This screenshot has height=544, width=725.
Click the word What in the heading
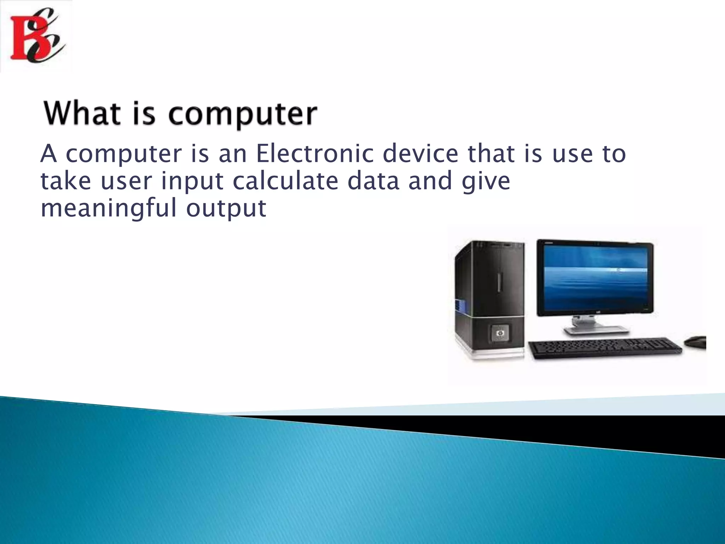point(82,114)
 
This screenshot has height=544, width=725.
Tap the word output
point(226,209)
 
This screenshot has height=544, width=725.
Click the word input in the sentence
point(192,181)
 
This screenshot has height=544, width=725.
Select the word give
point(486,181)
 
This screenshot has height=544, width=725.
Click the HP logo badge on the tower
point(499,333)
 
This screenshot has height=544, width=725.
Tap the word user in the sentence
point(126,181)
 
